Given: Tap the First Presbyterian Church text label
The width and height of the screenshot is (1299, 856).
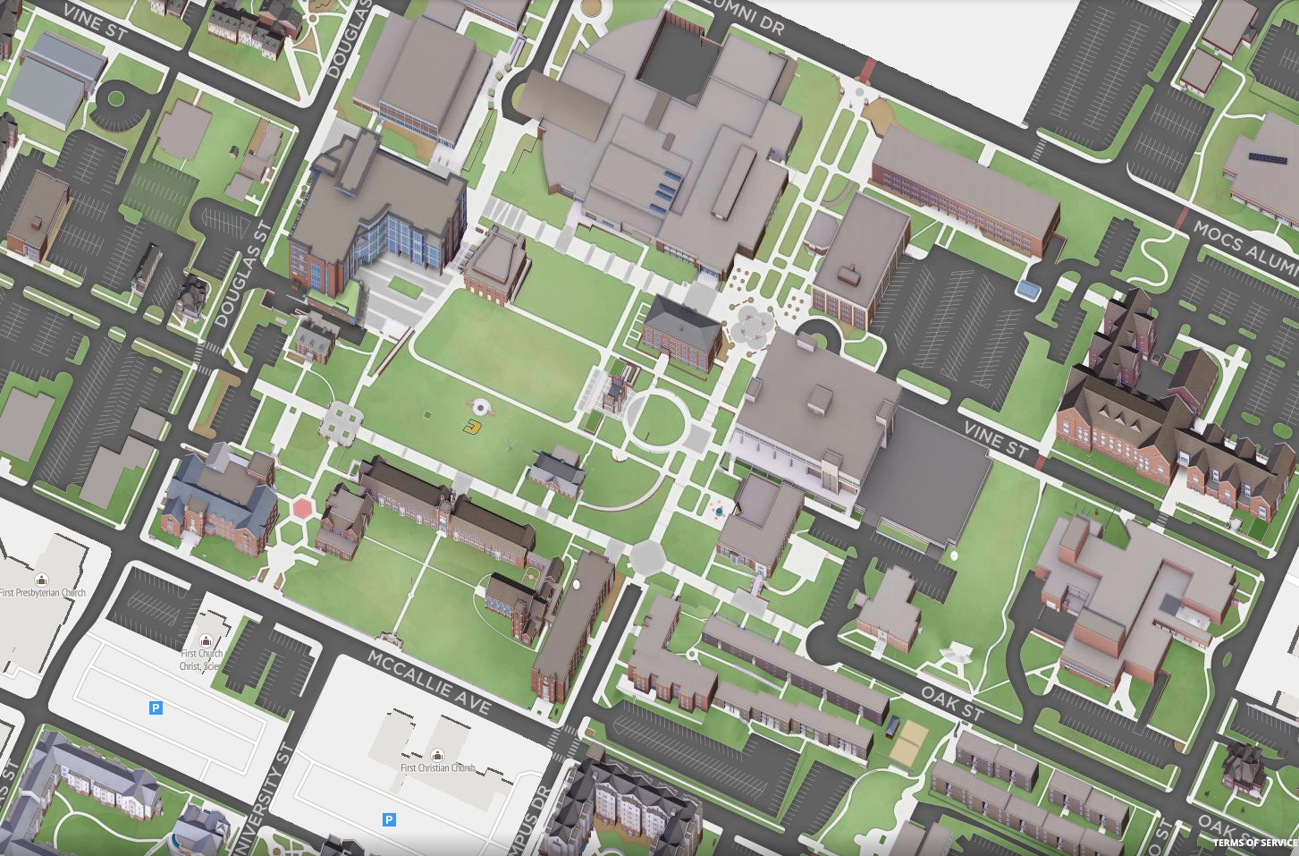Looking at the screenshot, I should point(43,593).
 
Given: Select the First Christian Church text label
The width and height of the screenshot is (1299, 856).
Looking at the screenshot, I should point(437,768).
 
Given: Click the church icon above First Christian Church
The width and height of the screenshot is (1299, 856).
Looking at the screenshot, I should point(437,755).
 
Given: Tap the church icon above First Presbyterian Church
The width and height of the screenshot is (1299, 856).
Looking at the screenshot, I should point(41,580).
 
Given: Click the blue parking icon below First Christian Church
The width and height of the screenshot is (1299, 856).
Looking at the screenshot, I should point(389,819).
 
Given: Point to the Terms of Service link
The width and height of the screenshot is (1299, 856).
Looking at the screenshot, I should point(1254,843).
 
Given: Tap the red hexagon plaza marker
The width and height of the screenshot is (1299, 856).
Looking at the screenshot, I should point(303,508).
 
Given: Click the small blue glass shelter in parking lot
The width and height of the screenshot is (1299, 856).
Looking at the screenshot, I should point(1028,289).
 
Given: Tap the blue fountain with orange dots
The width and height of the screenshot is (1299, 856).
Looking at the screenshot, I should point(718,511).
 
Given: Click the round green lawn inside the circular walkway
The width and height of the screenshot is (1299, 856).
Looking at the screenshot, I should point(656,420).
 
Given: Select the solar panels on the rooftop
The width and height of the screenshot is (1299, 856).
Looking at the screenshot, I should point(1273,157).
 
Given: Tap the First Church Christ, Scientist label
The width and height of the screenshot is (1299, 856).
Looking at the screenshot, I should point(202,659).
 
